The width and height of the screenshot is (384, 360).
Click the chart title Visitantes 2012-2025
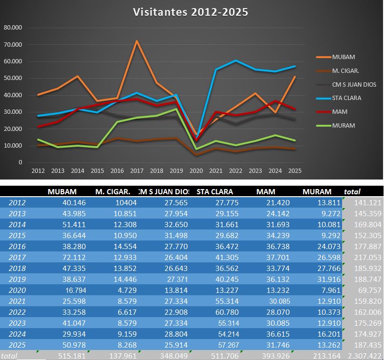coord(190,12)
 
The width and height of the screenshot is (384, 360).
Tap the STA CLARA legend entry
coord(346,98)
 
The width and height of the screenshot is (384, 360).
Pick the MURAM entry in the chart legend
coord(344,126)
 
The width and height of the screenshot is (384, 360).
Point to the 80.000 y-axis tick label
coord(13,28)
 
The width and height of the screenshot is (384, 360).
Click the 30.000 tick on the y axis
coord(13,112)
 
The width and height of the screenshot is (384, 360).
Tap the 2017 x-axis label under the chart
coord(137,170)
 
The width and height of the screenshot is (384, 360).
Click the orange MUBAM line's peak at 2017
coord(137,41)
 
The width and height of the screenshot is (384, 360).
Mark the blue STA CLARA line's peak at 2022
coord(235,60)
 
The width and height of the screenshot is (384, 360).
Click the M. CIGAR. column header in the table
coord(113,191)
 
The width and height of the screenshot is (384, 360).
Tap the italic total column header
coord(352,191)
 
